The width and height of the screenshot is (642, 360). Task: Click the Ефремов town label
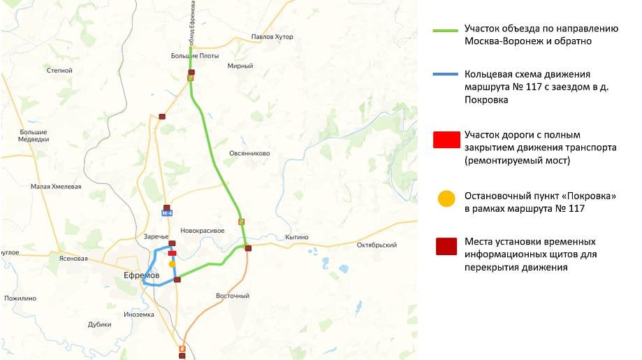[x=142, y=275]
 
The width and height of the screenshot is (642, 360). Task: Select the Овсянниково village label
[x=249, y=153]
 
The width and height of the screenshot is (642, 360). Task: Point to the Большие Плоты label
[x=195, y=56]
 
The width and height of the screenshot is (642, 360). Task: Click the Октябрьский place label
[x=377, y=245]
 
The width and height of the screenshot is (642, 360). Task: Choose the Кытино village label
[x=297, y=238]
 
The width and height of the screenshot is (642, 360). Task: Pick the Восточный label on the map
[x=233, y=296]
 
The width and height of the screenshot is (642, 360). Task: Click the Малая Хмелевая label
[x=56, y=187]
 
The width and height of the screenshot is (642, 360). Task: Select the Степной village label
[x=59, y=71]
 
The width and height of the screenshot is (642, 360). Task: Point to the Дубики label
[x=100, y=324]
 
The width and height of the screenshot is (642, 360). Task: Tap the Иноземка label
[x=138, y=314]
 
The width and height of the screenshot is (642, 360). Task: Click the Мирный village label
[x=240, y=66]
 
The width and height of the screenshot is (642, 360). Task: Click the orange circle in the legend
[x=446, y=199]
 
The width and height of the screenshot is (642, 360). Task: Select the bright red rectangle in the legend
[x=445, y=140]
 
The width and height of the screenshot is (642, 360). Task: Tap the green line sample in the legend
[x=445, y=31]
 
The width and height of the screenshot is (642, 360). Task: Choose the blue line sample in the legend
[x=445, y=74]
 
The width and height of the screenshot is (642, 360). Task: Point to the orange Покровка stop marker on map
[x=172, y=264]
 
